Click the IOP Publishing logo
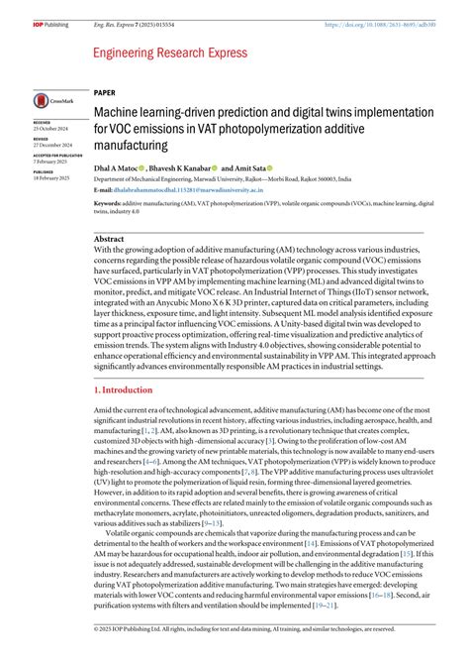click(49, 8)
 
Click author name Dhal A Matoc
click(116, 169)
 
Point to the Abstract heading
click(109, 239)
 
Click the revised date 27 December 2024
click(51, 146)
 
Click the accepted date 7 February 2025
click(49, 162)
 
